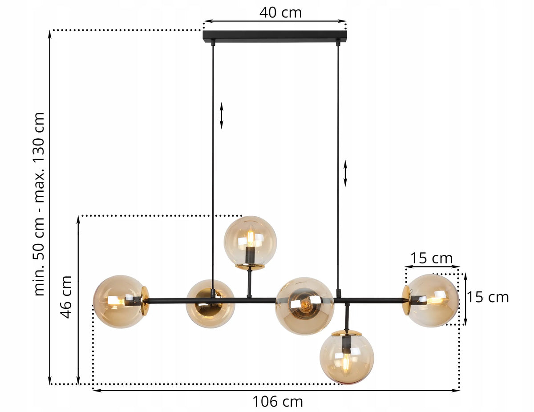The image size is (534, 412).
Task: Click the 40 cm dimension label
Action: (x=280, y=12)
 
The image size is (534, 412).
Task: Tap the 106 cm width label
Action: (x=278, y=401)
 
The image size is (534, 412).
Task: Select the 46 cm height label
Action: (x=66, y=297)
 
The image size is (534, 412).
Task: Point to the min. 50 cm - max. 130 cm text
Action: (x=39, y=204)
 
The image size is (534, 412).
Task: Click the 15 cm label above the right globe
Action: (x=431, y=258)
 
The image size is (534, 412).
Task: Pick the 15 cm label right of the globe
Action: (x=488, y=297)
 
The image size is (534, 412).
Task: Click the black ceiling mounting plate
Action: (x=275, y=36)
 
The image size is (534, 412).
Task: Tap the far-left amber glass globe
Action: (x=119, y=302)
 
